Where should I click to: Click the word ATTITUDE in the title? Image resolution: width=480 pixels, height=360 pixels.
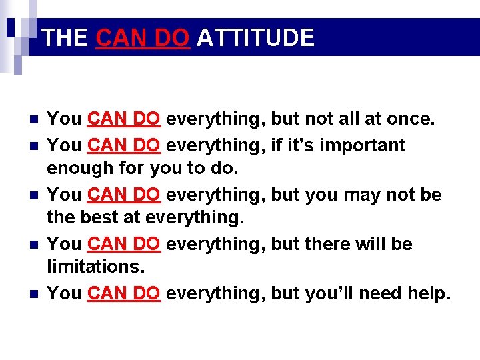(255, 37)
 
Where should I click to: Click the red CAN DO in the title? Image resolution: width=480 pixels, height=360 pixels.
(143, 37)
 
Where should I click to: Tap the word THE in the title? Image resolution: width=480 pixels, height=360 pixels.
(65, 37)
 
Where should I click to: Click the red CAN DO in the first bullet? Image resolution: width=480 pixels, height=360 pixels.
(123, 119)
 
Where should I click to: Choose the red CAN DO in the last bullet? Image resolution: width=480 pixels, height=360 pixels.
(123, 293)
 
